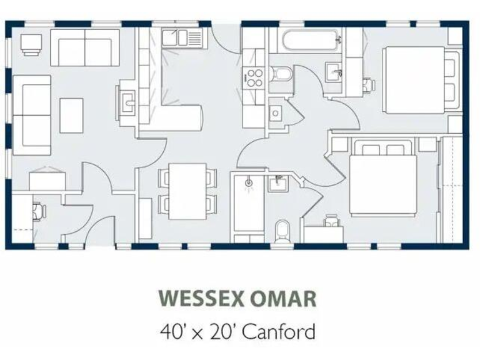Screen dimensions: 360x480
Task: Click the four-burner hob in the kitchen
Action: pos(254,77)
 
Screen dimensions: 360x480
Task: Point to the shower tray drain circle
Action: pos(249,182)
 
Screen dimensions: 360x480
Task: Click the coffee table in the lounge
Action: pos(71,114)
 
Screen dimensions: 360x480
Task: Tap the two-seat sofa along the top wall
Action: pos(84,46)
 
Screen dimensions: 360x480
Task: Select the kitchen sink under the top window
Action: pos(179,39)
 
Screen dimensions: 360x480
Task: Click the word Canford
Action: pos(279,330)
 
